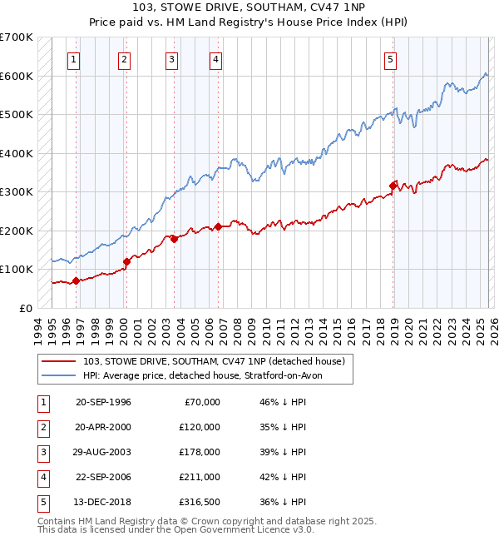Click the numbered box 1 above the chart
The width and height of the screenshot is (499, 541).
pos(75,59)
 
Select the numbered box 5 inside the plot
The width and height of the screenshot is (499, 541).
pos(390,59)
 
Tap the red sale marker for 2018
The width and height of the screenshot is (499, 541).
pos(393,185)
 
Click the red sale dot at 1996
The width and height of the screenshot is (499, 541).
pos(76,280)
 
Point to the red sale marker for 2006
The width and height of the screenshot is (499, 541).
pos(218,226)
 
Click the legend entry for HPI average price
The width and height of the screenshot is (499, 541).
pos(207,375)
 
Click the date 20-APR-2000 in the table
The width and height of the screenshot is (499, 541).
pos(103,427)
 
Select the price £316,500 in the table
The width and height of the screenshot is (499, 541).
pos(200,502)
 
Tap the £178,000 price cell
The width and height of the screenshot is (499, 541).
pos(200,452)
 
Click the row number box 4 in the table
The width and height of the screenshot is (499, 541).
pos(43,477)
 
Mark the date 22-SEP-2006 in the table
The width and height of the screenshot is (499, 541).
pos(103,477)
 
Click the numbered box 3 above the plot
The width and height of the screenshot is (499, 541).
pos(171,59)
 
